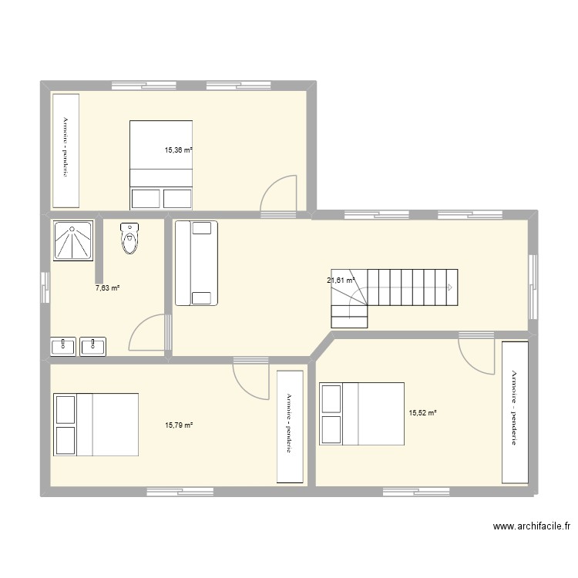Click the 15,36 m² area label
pyautogui.click(x=179, y=151)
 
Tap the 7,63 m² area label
pyautogui.click(x=107, y=288)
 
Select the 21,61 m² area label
pyautogui.click(x=341, y=281)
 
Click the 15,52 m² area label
pyautogui.click(x=422, y=413)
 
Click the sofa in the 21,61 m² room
pyautogui.click(x=196, y=263)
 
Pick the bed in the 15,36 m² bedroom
pyautogui.click(x=160, y=164)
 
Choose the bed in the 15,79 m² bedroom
pyautogui.click(x=96, y=425)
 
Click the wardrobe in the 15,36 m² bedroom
pyautogui.click(x=66, y=150)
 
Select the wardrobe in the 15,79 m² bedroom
pyautogui.click(x=290, y=426)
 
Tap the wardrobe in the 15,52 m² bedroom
pyautogui.click(x=514, y=412)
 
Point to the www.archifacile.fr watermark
pyautogui.click(x=532, y=527)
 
